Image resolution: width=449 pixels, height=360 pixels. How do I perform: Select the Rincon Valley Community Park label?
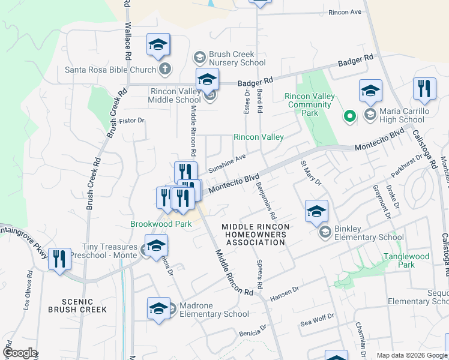pos(308,100)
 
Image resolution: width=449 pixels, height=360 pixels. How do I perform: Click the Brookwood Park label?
pos(161,224)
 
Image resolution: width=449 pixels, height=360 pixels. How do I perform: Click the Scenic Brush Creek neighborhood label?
pos(85,305)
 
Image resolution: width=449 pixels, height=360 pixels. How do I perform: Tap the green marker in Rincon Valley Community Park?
pos(348,116)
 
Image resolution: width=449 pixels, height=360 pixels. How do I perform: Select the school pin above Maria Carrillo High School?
pos(370,92)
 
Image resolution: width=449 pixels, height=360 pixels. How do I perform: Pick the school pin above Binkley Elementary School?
pos(316,212)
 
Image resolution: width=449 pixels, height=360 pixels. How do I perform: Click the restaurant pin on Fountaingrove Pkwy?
pos(59,260)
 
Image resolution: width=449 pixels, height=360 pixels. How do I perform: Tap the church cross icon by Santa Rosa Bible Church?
pos(165,69)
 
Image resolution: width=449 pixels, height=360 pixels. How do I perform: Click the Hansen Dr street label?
pos(285,291)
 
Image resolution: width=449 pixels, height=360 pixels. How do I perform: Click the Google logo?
pos(20,353)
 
